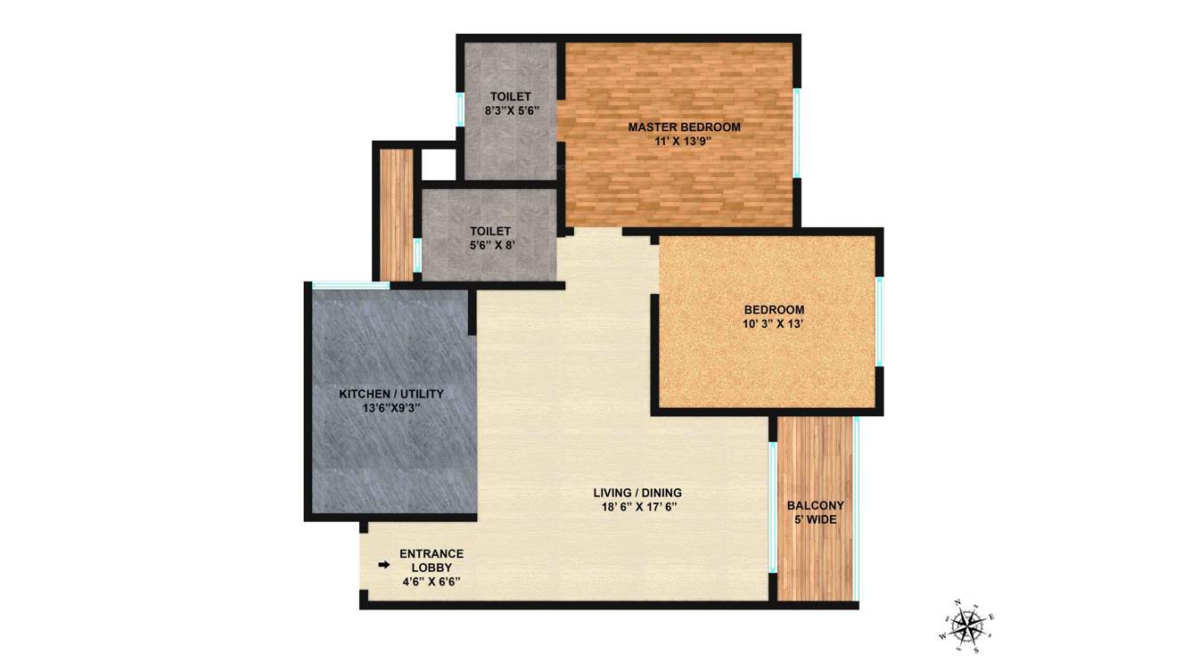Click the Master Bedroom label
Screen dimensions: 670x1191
684,127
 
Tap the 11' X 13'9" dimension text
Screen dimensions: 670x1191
684,141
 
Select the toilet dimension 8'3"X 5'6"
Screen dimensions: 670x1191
510,110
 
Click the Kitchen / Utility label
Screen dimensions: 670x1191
390,393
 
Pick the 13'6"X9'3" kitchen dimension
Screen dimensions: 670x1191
390,407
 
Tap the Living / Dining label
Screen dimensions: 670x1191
637,493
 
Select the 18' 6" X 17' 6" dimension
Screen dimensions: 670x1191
637,507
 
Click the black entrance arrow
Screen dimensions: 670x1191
384,565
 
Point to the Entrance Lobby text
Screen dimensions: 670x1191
431,560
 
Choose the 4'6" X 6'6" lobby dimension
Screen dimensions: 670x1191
431,581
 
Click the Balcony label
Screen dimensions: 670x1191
815,505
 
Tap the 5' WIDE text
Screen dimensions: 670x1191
815,519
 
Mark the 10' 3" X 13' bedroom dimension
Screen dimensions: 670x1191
774,323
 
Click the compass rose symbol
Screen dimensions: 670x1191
967,621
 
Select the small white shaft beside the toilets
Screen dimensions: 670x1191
438,163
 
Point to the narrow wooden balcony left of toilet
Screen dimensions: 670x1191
395,214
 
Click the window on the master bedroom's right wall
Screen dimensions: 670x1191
797,132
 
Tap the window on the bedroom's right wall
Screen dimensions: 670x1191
879,322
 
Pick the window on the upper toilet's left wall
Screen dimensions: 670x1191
460,109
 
